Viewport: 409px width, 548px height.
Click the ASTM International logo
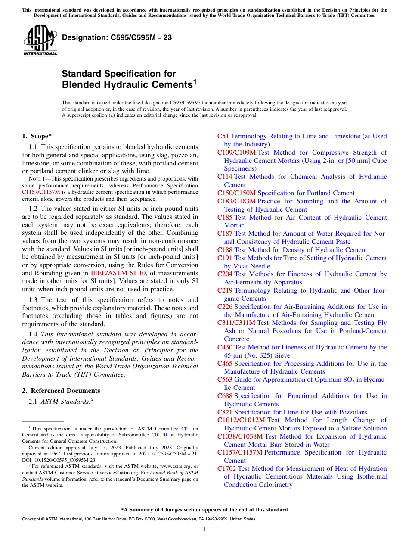tap(40, 40)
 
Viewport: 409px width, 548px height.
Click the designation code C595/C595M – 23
tap(117, 38)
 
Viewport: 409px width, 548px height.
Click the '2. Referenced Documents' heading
tap(61, 391)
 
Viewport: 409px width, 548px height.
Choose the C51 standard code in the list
tap(223, 136)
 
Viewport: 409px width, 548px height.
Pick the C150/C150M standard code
tap(236, 193)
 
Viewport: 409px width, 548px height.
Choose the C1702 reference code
tap(226, 469)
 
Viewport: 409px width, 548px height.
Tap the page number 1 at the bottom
tap(204, 529)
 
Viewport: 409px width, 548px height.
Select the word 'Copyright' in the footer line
tap(32, 519)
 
